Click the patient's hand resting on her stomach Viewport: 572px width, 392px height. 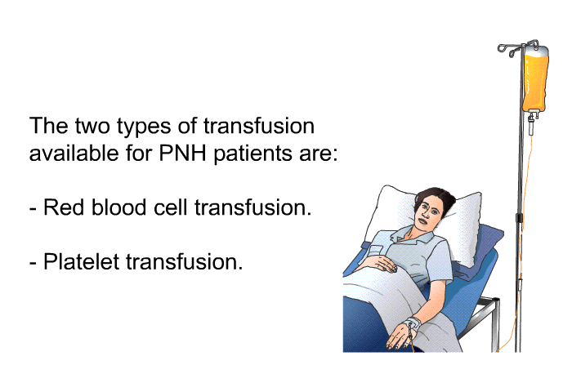384,265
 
